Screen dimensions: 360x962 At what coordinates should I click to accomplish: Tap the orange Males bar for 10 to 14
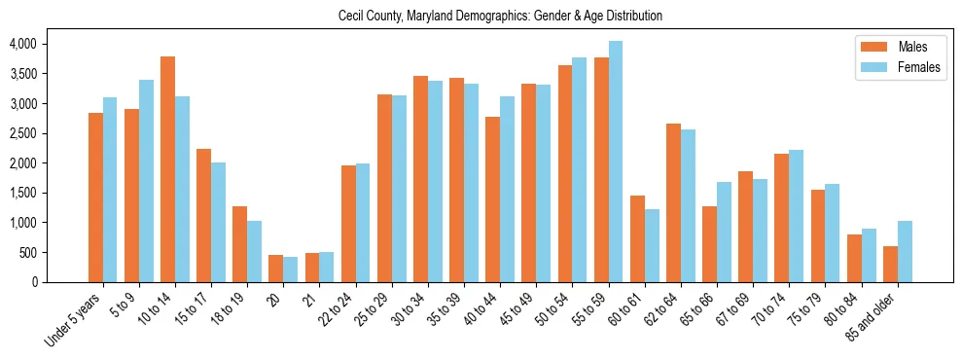[168, 169]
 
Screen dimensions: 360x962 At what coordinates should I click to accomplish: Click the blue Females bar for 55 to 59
[615, 162]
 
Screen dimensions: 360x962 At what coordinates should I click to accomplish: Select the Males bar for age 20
[276, 269]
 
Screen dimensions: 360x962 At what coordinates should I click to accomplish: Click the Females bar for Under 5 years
[110, 190]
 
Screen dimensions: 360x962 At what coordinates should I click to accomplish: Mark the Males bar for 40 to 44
[492, 199]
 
